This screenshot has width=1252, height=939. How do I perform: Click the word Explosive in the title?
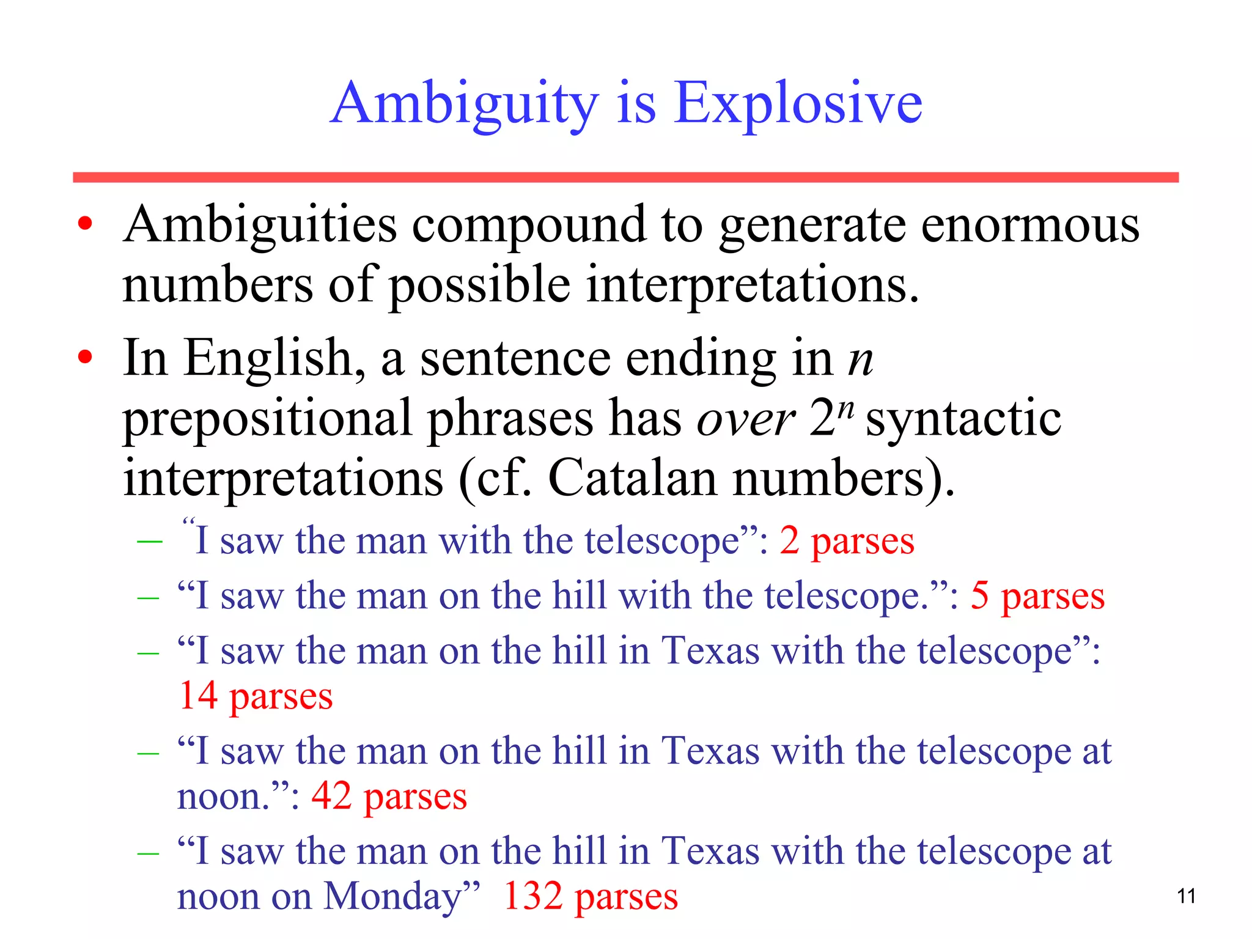coord(798,104)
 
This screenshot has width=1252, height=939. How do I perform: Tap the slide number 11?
coord(1186,896)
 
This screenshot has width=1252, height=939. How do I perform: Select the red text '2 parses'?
coord(847,541)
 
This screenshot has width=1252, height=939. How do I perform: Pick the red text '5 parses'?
coord(1037,596)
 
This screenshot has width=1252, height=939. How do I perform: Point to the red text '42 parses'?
coord(389,797)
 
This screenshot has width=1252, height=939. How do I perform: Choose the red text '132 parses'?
coord(590,897)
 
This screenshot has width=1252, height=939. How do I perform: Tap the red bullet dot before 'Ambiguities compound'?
coord(85,224)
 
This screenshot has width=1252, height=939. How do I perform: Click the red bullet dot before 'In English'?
coord(85,357)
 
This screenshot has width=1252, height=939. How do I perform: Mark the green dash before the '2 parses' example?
coord(150,542)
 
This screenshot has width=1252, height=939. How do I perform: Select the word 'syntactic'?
coord(963,419)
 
